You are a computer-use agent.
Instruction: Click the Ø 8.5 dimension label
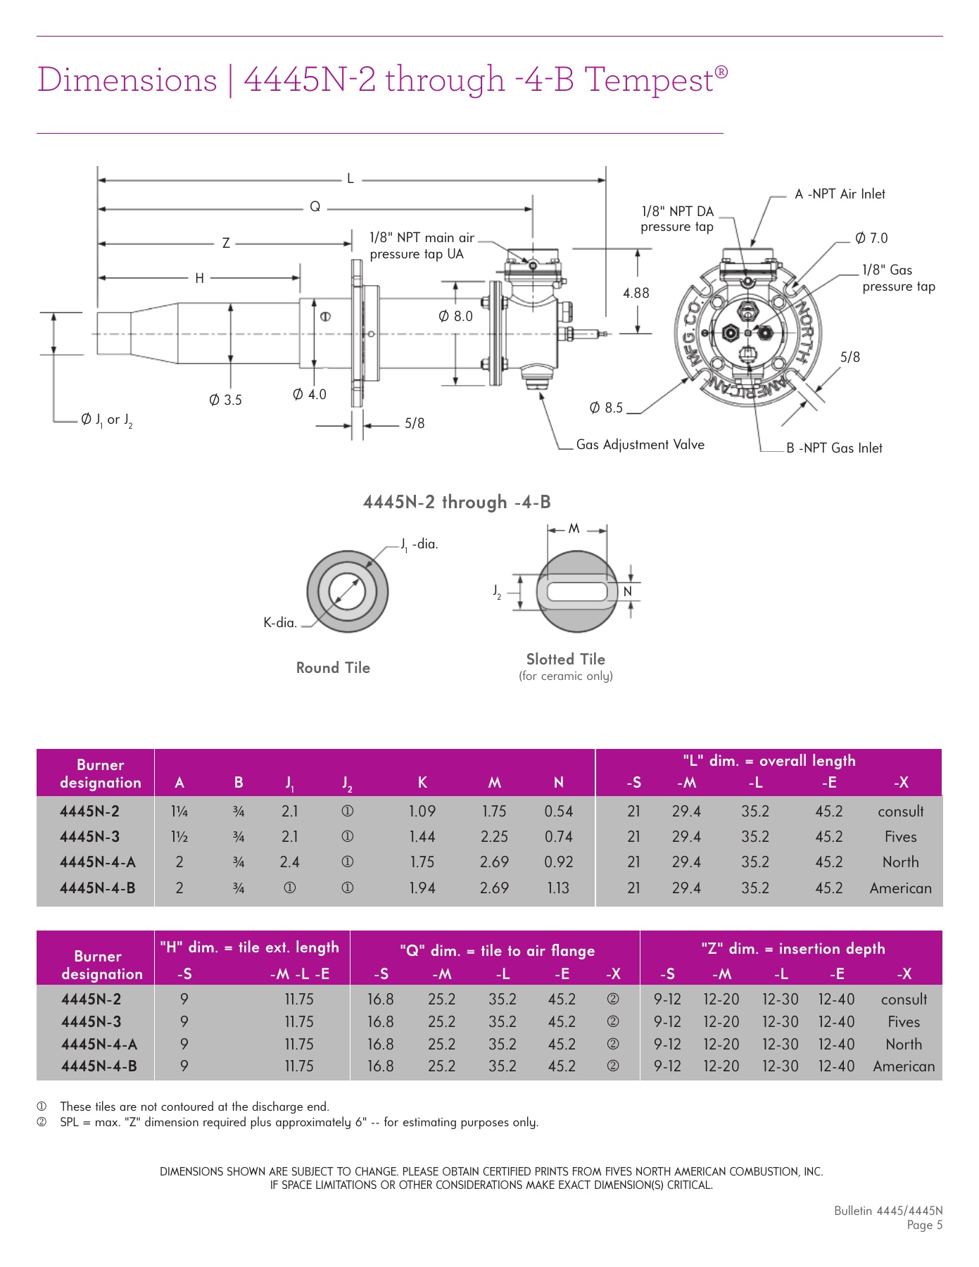coord(605,408)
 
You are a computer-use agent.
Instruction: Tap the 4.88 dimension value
coord(636,293)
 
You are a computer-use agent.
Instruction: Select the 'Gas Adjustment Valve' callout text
coord(640,445)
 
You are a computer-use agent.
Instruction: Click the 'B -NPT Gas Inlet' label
coord(834,448)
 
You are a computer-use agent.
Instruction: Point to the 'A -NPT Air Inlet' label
coord(840,194)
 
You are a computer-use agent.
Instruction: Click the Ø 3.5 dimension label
coord(225,400)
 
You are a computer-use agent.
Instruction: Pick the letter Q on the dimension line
coord(315,207)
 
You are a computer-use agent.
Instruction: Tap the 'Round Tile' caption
coord(333,668)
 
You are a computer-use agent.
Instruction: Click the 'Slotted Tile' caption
coord(565,660)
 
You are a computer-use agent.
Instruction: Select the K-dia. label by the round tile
coord(280,623)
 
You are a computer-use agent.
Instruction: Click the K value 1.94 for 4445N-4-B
coord(422,888)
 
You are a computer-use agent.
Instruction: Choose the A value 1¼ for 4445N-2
coord(179,812)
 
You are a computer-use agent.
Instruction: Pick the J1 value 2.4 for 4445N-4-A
coord(289,862)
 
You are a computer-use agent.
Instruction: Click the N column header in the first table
coord(558,783)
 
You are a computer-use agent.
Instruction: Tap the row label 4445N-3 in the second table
coord(91,1022)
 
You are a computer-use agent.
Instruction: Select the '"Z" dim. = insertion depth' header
coord(793,949)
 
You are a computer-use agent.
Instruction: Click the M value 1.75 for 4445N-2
coord(494,812)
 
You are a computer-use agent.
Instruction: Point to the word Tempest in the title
coord(649,80)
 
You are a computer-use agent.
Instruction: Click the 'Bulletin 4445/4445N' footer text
coord(888,1211)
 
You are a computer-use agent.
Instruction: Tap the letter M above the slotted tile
coord(574,529)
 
